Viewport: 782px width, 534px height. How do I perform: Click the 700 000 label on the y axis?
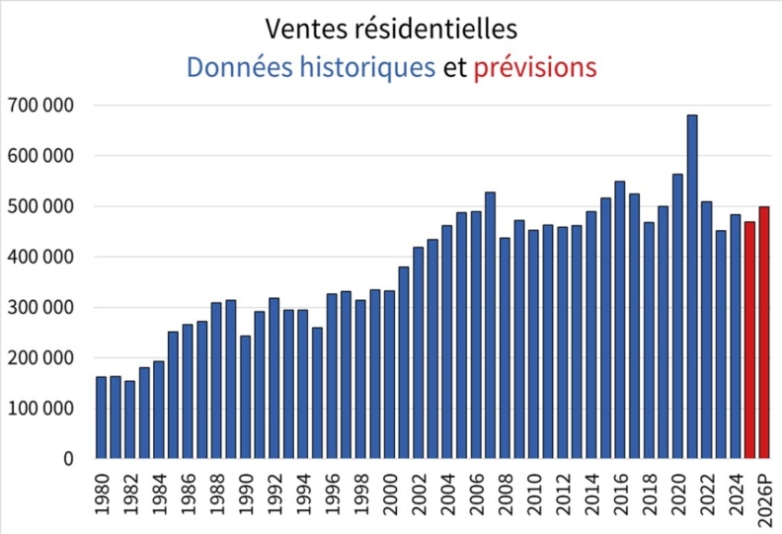click(x=42, y=105)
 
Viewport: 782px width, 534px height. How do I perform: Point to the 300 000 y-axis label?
click(x=42, y=307)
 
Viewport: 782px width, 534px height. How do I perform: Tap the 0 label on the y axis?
click(x=68, y=459)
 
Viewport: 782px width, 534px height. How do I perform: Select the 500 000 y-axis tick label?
click(x=42, y=206)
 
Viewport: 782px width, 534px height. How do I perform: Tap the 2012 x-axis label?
click(x=563, y=494)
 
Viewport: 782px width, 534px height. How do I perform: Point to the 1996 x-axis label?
click(x=333, y=494)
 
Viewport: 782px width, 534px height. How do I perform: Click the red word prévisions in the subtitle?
click(x=535, y=67)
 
